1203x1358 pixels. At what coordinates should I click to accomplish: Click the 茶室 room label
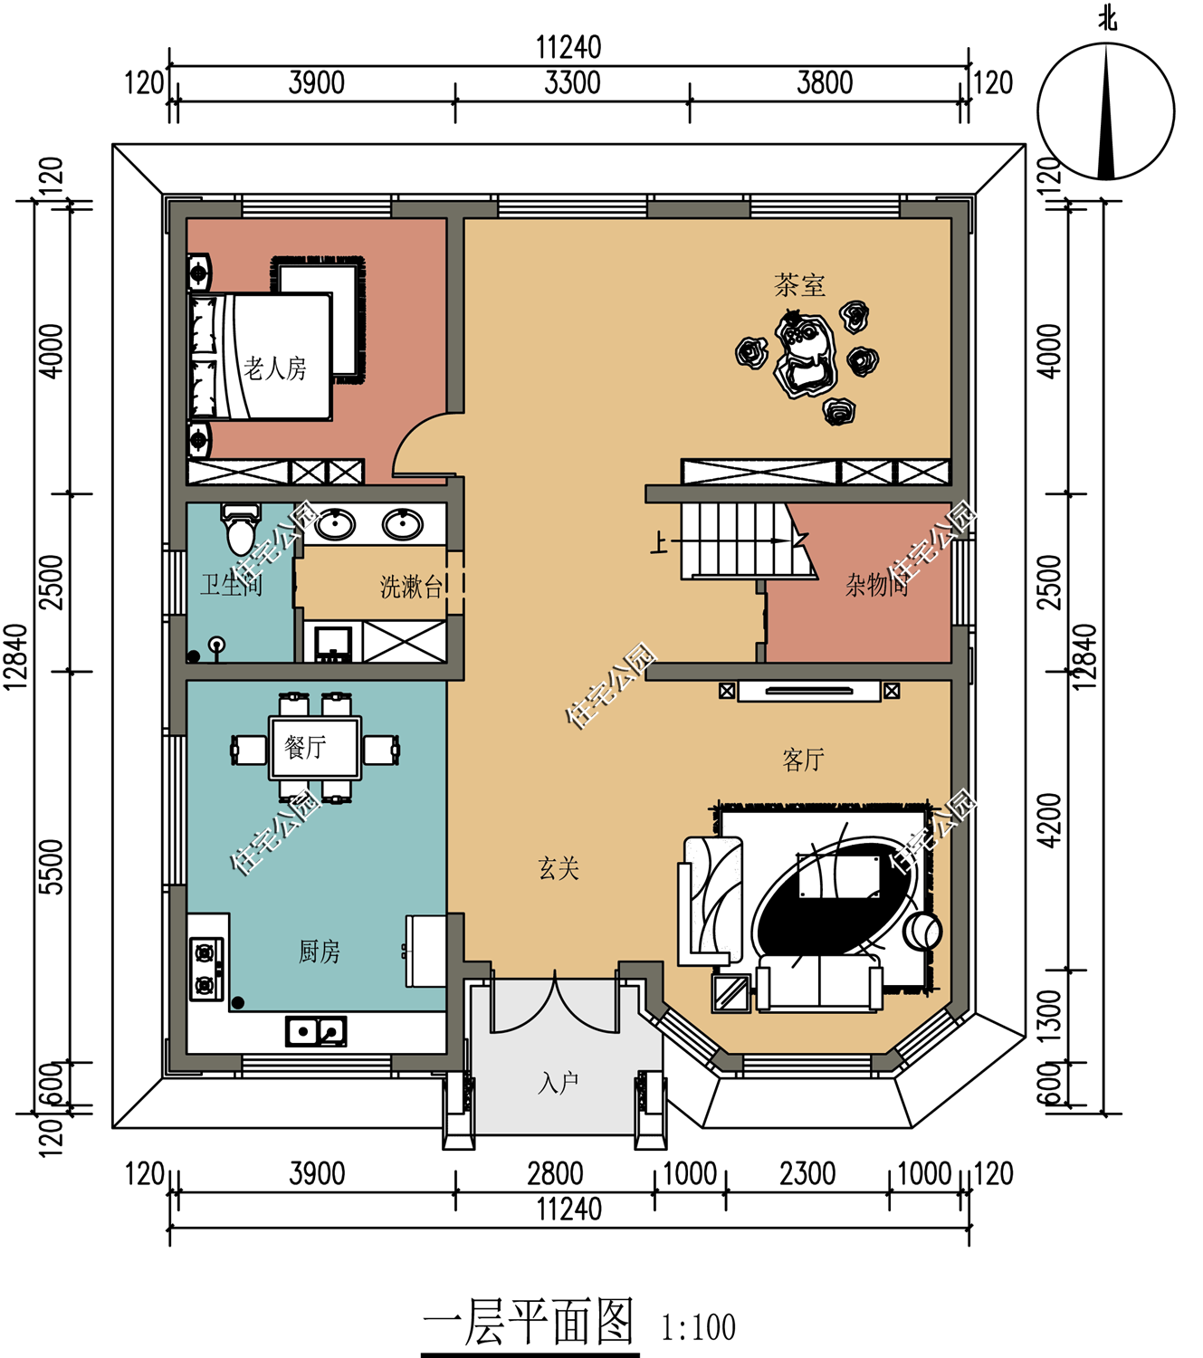click(x=799, y=285)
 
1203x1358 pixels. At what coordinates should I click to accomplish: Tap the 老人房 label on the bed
click(x=275, y=368)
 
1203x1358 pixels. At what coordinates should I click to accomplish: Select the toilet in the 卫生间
click(x=240, y=530)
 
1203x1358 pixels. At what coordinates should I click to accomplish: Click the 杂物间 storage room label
click(x=876, y=585)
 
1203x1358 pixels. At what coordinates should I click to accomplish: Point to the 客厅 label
click(x=803, y=760)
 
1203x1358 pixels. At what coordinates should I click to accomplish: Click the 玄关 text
click(x=559, y=869)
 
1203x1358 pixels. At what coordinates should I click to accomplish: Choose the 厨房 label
click(x=319, y=952)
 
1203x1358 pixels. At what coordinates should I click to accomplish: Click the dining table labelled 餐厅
click(x=314, y=747)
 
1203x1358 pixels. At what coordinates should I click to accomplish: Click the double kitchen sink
click(x=316, y=1031)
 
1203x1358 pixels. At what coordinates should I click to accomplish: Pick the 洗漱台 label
click(x=411, y=587)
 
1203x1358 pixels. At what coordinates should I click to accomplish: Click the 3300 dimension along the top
click(x=572, y=83)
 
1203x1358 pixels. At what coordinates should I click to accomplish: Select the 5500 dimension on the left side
click(x=52, y=866)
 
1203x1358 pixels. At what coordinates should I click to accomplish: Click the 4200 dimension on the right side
click(x=1050, y=820)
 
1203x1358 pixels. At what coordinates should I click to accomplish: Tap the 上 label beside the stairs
click(x=660, y=541)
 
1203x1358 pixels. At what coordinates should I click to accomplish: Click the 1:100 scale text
click(x=698, y=1327)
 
